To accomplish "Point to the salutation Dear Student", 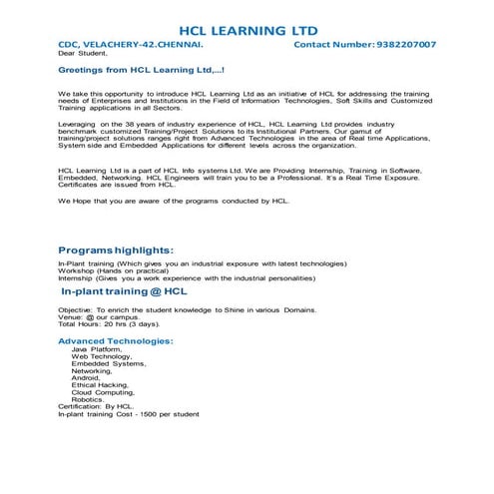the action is (x=83, y=55).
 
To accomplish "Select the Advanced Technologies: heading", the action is (x=116, y=341).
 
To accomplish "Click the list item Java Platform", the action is (x=96, y=349).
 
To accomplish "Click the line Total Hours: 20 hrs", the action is (x=108, y=325).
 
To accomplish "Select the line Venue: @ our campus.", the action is (x=98, y=317).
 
